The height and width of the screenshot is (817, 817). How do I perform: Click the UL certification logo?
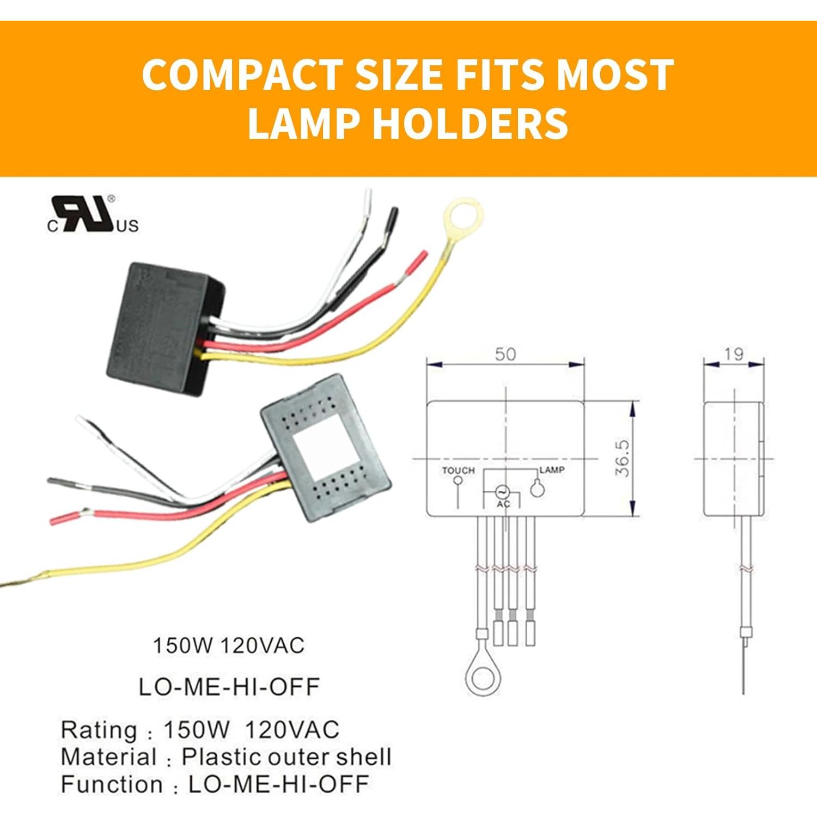pyautogui.click(x=93, y=215)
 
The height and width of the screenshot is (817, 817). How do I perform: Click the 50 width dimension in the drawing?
pyautogui.click(x=505, y=355)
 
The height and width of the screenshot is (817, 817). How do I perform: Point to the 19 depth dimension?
pyautogui.click(x=733, y=355)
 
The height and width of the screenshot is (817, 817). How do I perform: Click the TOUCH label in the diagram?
pyautogui.click(x=458, y=470)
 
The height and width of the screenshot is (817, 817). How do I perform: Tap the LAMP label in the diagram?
pyautogui.click(x=552, y=470)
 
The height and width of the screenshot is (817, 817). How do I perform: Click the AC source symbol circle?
pyautogui.click(x=502, y=491)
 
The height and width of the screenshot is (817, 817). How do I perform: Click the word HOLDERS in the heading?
pyautogui.click(x=471, y=124)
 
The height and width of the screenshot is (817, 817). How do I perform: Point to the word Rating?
pyautogui.click(x=99, y=730)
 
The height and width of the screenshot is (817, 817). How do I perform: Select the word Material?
pyautogui.click(x=108, y=757)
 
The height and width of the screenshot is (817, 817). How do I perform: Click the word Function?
pyautogui.click(x=112, y=784)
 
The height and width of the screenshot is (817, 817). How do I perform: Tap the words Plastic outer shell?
pyautogui.click(x=286, y=757)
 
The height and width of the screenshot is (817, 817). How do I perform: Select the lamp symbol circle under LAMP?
pyautogui.click(x=538, y=489)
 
